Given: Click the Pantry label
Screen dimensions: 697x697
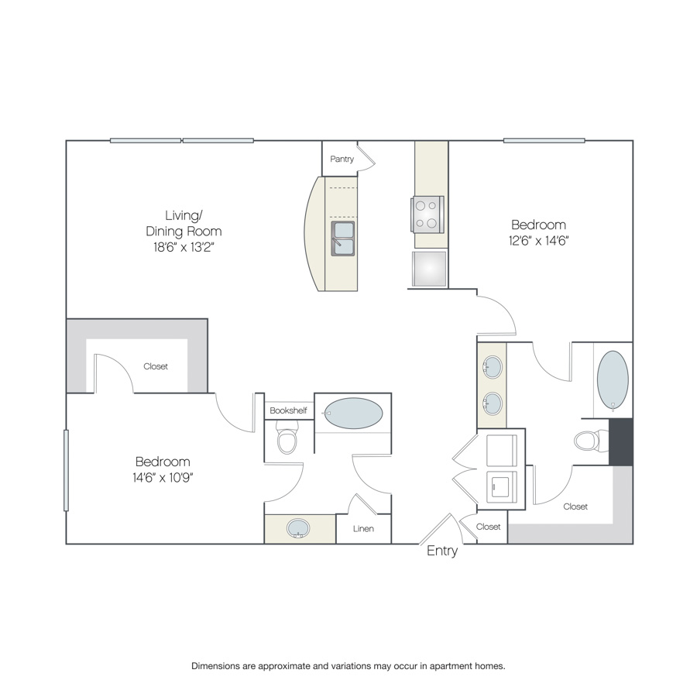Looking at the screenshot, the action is (342, 159).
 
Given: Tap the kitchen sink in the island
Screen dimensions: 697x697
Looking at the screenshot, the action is (343, 239).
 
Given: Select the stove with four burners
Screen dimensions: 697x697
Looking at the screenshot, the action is (427, 215).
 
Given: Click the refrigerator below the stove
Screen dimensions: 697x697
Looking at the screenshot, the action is (429, 269).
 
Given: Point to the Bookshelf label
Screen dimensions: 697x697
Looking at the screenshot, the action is (288, 410).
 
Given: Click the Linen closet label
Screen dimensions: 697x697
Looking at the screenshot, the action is (363, 528).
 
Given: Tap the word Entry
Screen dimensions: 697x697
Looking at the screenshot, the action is (442, 551).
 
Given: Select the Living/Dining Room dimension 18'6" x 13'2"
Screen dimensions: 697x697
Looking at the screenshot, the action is (184, 247).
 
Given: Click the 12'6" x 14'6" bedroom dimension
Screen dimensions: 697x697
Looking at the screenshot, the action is (539, 241).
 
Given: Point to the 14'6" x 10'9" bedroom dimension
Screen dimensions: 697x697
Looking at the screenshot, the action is (163, 477).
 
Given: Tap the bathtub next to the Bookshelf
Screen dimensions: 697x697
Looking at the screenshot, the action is (353, 414).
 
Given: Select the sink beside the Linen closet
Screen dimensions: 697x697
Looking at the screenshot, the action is (298, 528).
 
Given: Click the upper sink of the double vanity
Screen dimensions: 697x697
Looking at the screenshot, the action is (493, 367).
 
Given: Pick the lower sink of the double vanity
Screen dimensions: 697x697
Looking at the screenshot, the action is (493, 403).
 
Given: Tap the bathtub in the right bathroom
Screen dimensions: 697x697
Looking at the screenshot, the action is (613, 380).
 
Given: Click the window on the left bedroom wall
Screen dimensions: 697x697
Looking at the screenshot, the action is (67, 470).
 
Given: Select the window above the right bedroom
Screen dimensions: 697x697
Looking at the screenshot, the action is (544, 140).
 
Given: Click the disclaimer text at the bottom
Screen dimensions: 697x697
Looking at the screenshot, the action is (348, 666).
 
